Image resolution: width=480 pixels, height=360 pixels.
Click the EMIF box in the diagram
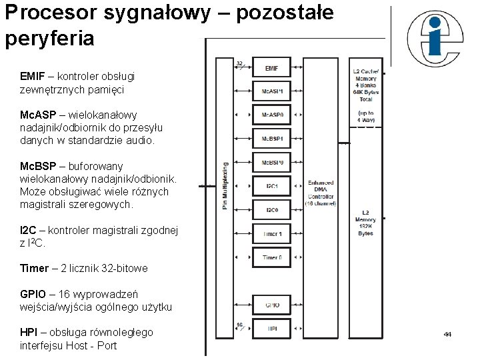pos(272,68)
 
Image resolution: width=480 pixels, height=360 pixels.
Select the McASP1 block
pos(272,91)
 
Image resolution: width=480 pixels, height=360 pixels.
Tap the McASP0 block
pos(272,115)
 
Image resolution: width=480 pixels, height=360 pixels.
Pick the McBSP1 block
pos(272,139)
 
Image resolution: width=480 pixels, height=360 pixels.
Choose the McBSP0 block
pos(272,162)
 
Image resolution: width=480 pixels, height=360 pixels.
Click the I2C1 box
pos(272,186)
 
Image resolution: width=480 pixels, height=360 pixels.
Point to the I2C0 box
pos(272,210)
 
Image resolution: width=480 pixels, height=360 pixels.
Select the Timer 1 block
pos(272,234)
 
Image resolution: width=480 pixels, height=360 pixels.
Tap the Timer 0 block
pos(272,257)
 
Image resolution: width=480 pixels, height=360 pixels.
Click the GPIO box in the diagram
pos(272,305)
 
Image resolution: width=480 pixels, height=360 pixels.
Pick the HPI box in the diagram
pos(272,328)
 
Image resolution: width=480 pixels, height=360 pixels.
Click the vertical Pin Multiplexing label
pos(225,187)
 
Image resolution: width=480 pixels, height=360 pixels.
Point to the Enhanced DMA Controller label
pos(321,193)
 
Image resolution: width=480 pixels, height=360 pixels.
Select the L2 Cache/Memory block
pos(365,85)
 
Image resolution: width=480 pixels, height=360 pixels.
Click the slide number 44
pos(447,333)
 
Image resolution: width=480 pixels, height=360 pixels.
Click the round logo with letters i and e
pos(434,39)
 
